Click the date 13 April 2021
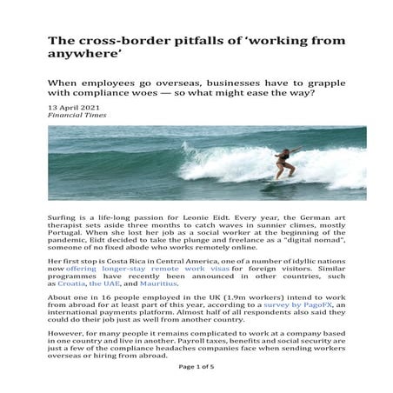(74, 106)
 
